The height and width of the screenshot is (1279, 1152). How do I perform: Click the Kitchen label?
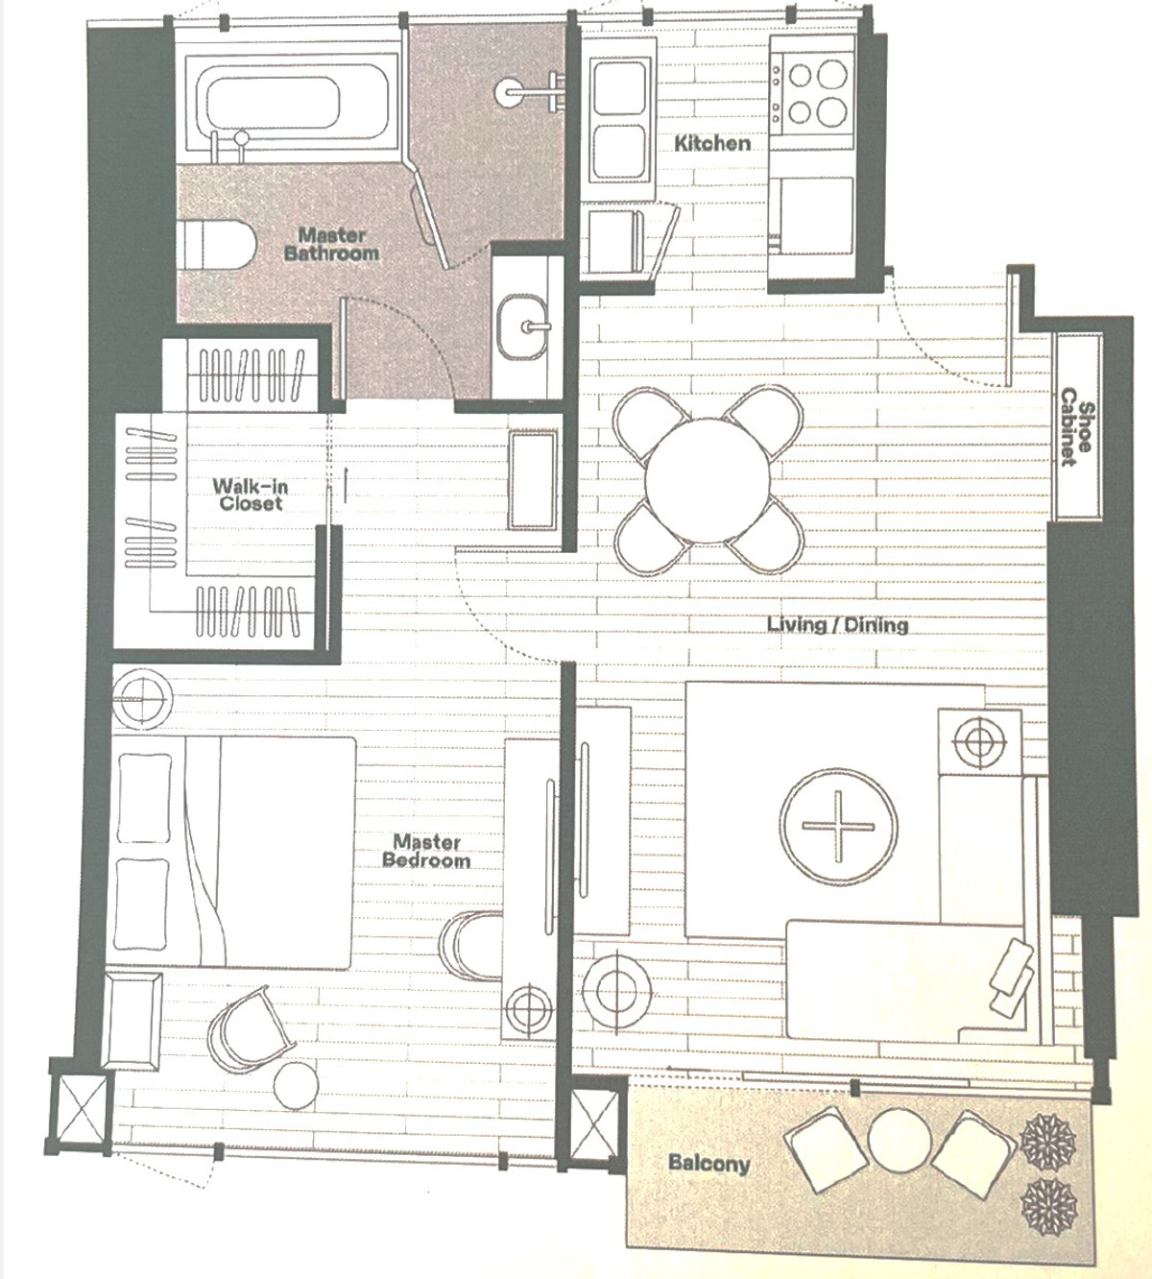click(712, 143)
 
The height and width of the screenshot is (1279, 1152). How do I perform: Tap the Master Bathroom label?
click(331, 245)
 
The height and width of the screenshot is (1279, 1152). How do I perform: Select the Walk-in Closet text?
click(250, 495)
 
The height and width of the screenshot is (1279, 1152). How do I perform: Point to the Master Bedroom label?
click(426, 851)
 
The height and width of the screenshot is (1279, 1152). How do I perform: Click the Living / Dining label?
click(838, 624)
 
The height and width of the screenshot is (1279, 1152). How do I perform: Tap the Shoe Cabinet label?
click(1077, 426)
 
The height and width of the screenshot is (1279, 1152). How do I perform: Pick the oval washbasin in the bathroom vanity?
click(524, 326)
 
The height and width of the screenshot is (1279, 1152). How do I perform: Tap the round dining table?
click(707, 481)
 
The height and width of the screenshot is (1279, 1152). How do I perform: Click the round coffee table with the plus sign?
click(838, 827)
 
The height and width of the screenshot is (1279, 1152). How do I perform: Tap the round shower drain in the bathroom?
click(510, 88)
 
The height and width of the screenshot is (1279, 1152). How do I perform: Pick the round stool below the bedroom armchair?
click(296, 1084)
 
